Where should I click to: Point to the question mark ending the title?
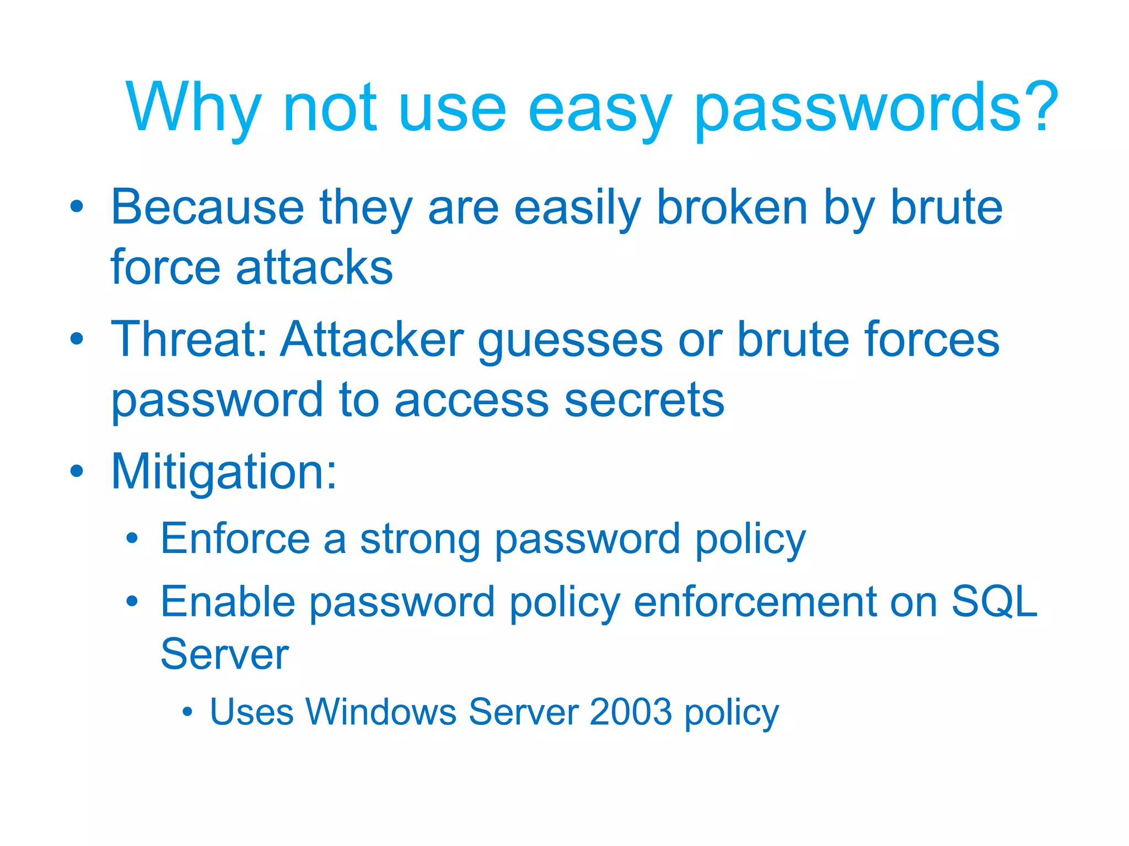(1040, 105)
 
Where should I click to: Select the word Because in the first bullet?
(207, 208)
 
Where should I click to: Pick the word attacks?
(315, 268)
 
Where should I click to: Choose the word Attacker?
(372, 339)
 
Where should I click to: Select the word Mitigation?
(223, 473)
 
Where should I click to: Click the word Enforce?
(235, 539)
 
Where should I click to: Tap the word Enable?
(228, 602)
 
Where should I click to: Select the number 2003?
(631, 712)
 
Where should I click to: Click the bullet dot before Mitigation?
(77, 471)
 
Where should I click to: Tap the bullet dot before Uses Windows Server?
(187, 712)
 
